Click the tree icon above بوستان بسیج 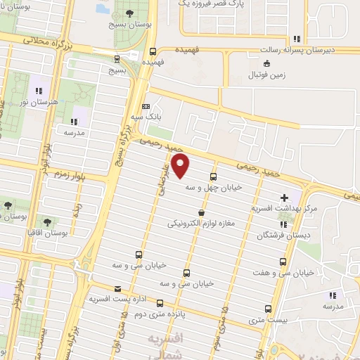click(129, 13)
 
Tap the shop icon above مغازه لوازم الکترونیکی click(202, 212)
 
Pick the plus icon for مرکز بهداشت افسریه click(284, 198)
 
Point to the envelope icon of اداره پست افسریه click(117, 289)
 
